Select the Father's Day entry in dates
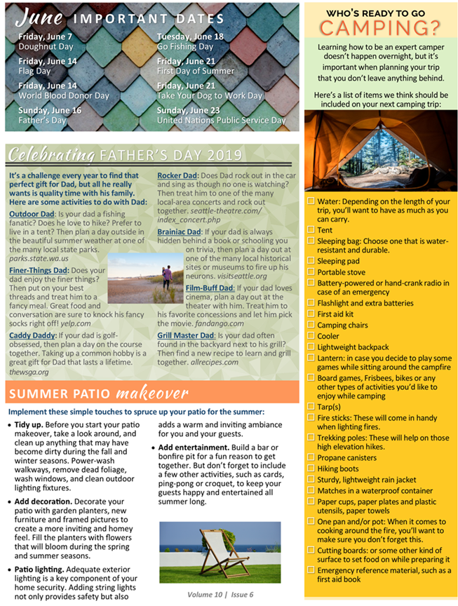click(x=42, y=120)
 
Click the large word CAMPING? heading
click(x=380, y=27)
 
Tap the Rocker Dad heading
click(x=177, y=175)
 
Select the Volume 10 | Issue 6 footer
click(x=220, y=594)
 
